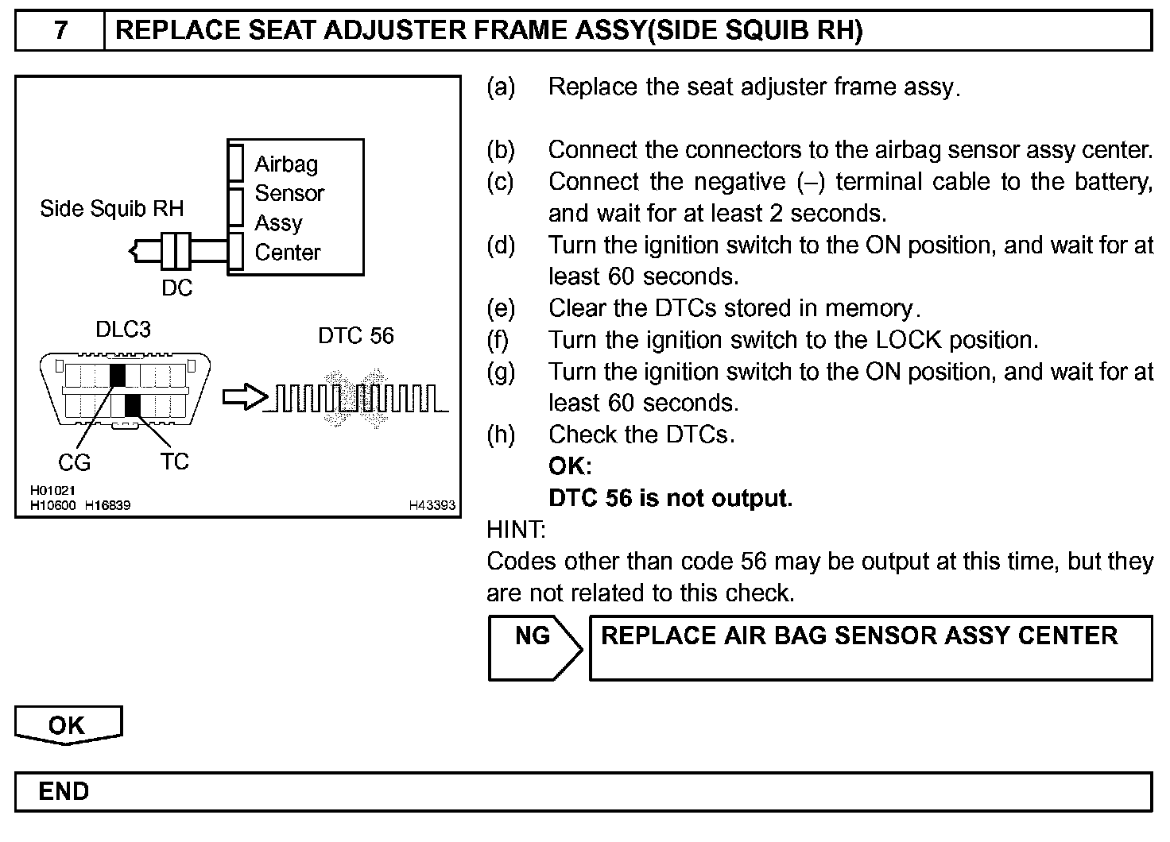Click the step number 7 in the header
coord(60,31)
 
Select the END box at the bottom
coord(64,791)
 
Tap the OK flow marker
coord(68,725)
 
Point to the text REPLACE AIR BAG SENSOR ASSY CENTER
coord(859,636)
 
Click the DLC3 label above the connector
coord(123,329)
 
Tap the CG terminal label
coord(74,462)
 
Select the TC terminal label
coord(174,462)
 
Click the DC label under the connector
coord(176,288)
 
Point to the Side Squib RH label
coord(111,208)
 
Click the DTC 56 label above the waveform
coord(355,336)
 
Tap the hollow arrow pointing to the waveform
coord(242,398)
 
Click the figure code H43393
coord(432,505)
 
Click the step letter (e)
coord(501,308)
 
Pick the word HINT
coord(516,530)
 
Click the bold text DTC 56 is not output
coord(670,498)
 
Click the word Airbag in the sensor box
coord(286,164)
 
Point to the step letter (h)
coord(501,435)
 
